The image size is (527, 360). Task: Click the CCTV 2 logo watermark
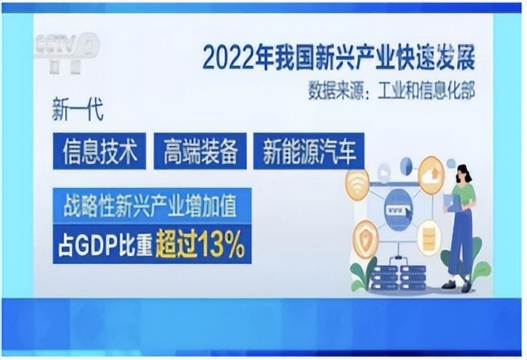click(x=67, y=52)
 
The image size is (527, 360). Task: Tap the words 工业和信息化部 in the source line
click(x=426, y=90)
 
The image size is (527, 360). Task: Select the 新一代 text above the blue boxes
click(x=77, y=109)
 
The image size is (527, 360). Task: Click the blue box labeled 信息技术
click(x=99, y=151)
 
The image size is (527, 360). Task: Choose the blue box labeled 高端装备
click(x=200, y=151)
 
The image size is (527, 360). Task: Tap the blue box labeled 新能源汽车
click(x=309, y=151)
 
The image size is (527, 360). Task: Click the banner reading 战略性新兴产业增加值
click(x=152, y=206)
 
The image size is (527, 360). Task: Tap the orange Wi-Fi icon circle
click(x=357, y=183)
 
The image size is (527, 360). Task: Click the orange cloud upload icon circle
click(x=432, y=175)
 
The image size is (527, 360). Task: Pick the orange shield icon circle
click(x=365, y=239)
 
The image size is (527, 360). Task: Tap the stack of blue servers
click(x=398, y=277)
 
